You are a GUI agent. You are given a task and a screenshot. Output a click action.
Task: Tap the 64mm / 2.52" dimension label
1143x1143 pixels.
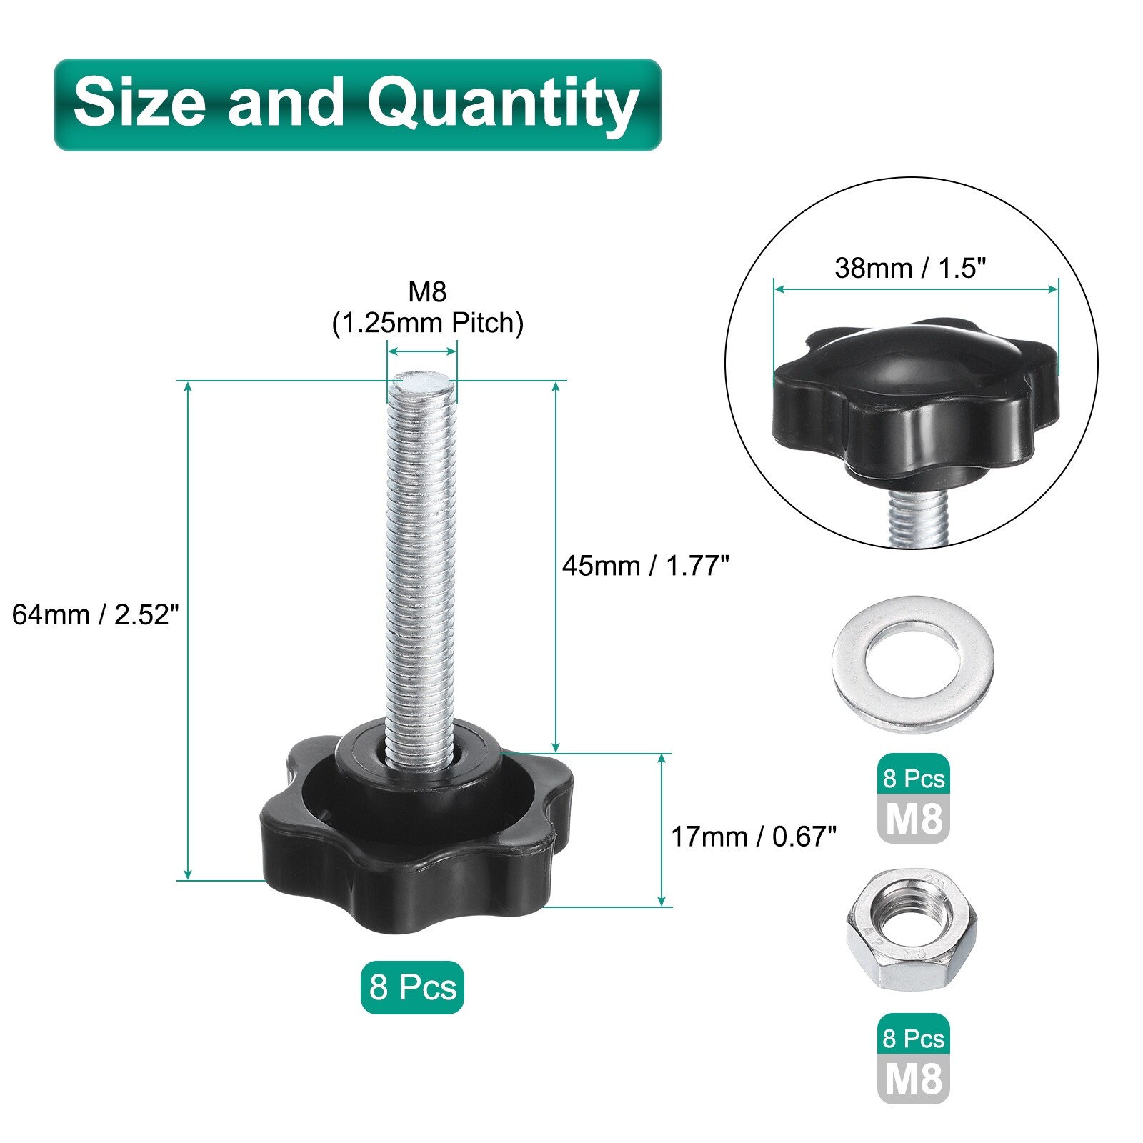click(95, 614)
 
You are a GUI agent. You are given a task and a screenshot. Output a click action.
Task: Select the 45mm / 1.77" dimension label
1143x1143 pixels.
click(645, 566)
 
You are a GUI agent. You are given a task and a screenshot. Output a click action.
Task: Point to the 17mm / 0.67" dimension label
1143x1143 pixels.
click(753, 837)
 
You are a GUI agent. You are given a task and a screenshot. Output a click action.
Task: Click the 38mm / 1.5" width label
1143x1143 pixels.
click(910, 269)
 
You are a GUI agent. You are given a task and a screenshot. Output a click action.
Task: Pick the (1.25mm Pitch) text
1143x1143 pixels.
click(427, 324)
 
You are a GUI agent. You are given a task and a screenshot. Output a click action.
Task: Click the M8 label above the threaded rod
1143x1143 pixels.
click(427, 291)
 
